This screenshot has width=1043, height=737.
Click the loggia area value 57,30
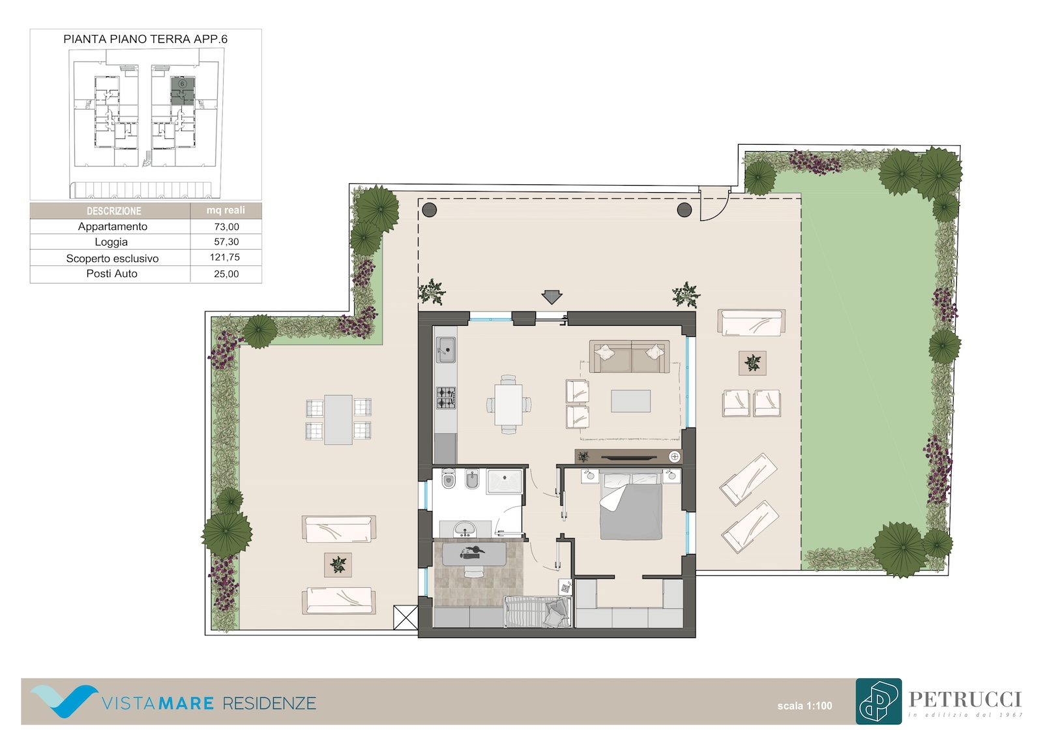226,242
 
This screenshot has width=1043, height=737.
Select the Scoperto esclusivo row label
112,259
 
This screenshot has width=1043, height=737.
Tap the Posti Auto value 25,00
226,274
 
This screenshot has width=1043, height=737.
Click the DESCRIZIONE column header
113,211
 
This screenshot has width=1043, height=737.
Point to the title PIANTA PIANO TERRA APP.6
145,39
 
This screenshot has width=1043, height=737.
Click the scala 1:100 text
804,706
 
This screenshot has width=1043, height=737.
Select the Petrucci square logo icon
878,701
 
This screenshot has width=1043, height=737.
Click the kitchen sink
446,350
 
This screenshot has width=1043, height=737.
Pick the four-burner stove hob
446,398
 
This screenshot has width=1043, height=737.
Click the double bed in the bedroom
631,506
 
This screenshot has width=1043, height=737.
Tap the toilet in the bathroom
448,478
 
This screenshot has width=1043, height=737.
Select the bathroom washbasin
464,529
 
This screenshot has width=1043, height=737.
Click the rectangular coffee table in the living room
630,401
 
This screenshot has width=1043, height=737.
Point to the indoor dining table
508,404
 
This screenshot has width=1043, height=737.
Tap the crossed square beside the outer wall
405,617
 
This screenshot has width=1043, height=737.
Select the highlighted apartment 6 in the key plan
183,91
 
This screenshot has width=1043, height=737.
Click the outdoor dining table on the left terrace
338,420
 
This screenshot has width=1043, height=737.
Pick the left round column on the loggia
430,210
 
